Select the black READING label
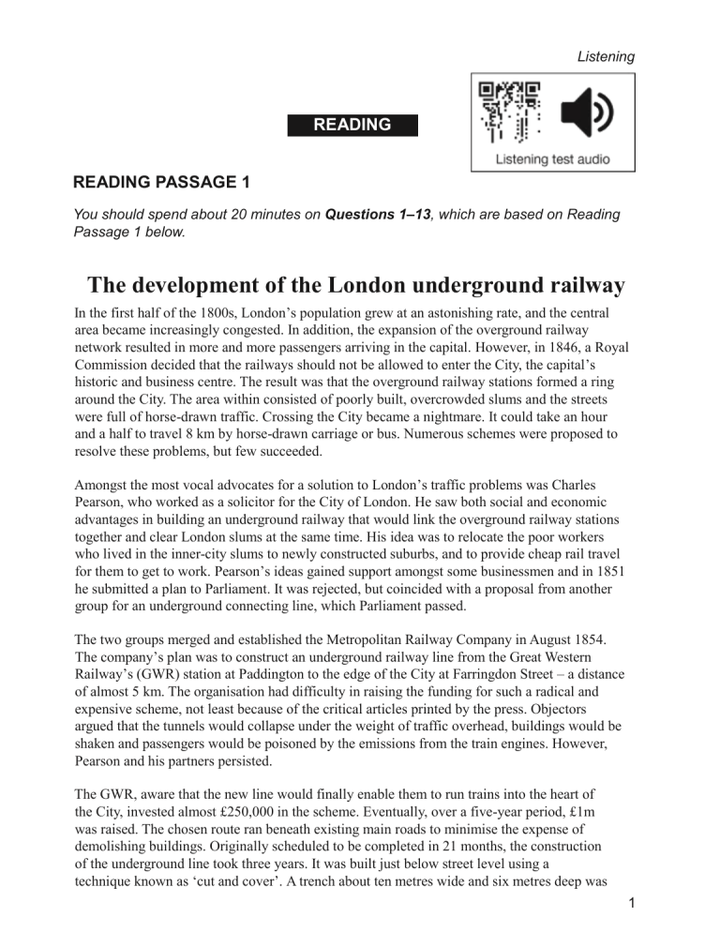352,124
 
